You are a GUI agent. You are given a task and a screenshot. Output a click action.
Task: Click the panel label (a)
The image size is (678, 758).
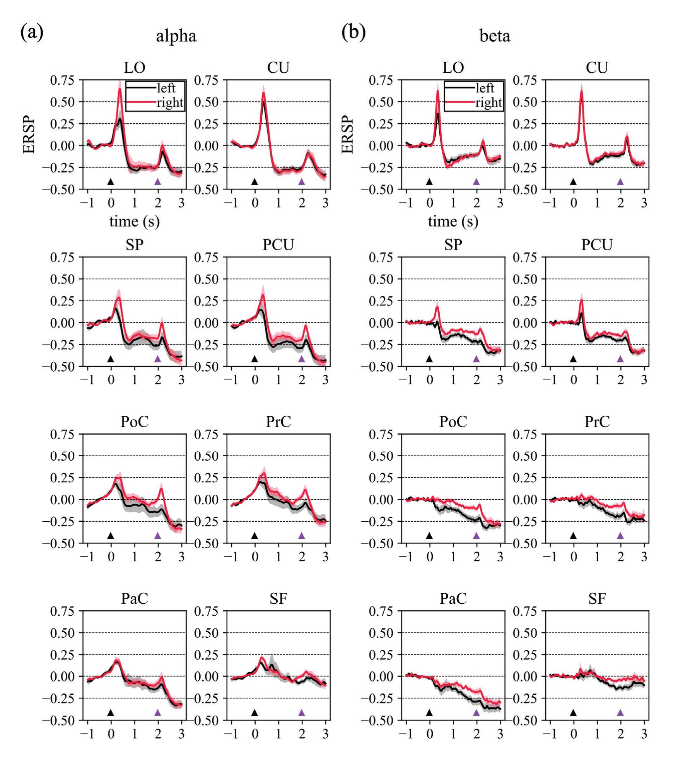click(x=32, y=32)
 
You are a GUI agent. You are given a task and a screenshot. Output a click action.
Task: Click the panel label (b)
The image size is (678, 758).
click(x=353, y=32)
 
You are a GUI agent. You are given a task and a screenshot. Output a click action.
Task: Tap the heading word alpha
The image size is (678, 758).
click(x=176, y=36)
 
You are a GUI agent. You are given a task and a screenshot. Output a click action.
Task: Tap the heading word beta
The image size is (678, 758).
click(x=495, y=36)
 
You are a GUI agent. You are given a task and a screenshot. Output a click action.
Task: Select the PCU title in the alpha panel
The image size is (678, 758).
click(x=278, y=245)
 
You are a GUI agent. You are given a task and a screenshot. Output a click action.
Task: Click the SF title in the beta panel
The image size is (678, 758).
click(x=597, y=599)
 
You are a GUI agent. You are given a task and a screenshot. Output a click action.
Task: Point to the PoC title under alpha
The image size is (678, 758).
click(x=134, y=422)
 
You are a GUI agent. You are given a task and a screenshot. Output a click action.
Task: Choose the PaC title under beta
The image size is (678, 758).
click(x=453, y=599)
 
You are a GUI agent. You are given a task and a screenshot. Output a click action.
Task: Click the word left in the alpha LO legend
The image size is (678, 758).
click(x=166, y=89)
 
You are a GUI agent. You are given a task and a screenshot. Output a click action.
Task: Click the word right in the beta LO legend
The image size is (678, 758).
click(x=488, y=103)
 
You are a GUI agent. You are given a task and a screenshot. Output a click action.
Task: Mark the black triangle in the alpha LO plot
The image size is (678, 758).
click(x=111, y=181)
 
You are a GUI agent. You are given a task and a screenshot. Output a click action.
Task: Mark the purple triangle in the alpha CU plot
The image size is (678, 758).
click(x=302, y=181)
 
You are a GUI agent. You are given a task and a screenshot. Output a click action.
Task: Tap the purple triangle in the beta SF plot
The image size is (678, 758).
click(x=620, y=712)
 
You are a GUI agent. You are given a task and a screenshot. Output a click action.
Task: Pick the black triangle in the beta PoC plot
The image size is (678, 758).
click(x=429, y=536)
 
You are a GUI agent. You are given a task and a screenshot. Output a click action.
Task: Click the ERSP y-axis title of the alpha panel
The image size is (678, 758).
click(x=29, y=135)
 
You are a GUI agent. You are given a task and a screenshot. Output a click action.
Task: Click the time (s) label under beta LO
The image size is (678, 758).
click(x=453, y=222)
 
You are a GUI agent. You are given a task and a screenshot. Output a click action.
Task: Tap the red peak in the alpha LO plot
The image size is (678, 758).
click(x=120, y=89)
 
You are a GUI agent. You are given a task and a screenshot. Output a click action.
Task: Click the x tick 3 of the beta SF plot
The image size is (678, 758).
click(x=644, y=734)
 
